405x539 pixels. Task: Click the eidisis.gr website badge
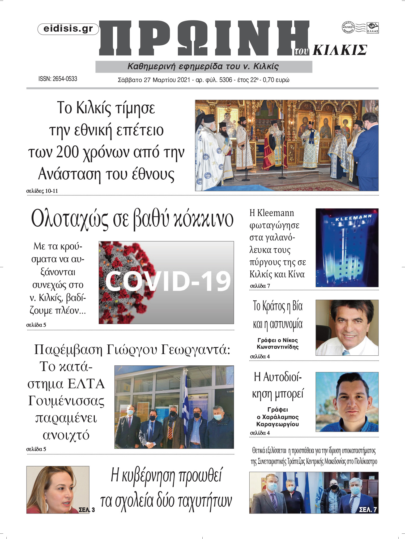click(68, 29)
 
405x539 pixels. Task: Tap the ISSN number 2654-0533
click(65, 79)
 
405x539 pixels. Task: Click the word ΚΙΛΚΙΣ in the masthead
click(340, 50)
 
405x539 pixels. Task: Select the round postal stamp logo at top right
click(348, 27)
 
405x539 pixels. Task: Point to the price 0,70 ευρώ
click(276, 80)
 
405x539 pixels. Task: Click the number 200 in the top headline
click(67, 152)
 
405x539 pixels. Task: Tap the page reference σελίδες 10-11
click(42, 191)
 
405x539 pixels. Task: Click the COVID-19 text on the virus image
click(168, 281)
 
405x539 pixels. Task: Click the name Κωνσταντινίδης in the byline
click(278, 347)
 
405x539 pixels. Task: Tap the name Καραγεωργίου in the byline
click(278, 424)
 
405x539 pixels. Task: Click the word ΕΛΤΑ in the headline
click(86, 384)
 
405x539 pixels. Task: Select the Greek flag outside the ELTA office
click(186, 398)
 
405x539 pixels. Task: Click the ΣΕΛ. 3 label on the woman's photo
click(87, 510)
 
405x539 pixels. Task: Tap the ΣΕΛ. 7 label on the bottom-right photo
click(368, 509)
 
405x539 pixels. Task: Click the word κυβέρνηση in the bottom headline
click(149, 476)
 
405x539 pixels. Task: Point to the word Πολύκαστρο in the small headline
click(366, 462)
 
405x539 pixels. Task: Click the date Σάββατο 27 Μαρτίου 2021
click(154, 80)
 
